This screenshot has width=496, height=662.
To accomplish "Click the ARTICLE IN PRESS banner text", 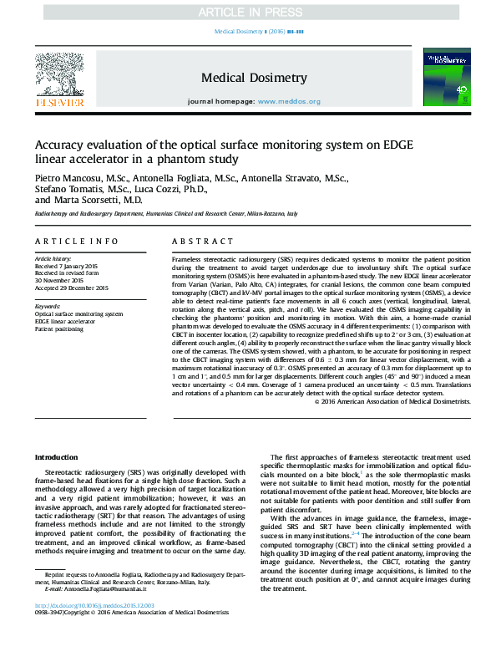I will [x=247, y=13].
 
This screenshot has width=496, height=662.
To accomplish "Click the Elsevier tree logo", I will [x=58, y=74].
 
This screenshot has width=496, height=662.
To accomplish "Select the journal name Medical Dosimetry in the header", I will [x=254, y=78].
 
